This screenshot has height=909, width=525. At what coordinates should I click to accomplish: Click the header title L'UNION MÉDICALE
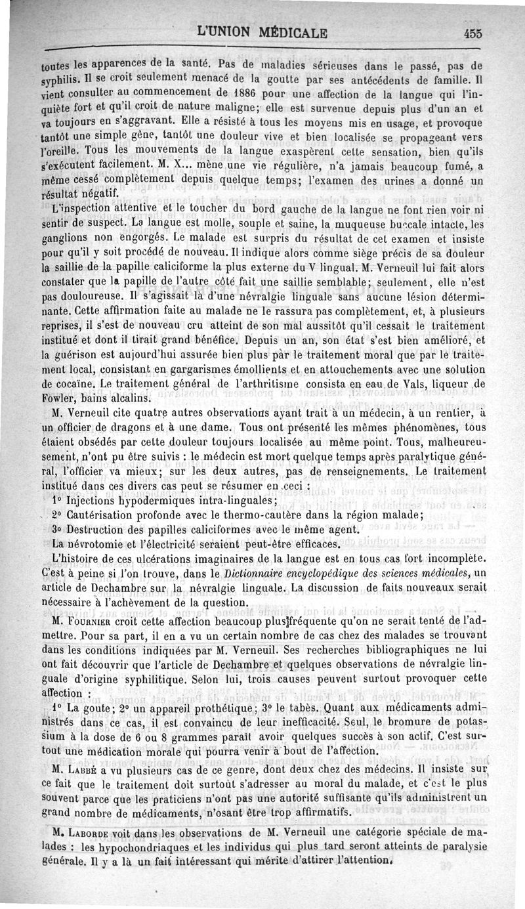[x=263, y=33]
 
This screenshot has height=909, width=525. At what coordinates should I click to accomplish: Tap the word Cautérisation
[x=104, y=515]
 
